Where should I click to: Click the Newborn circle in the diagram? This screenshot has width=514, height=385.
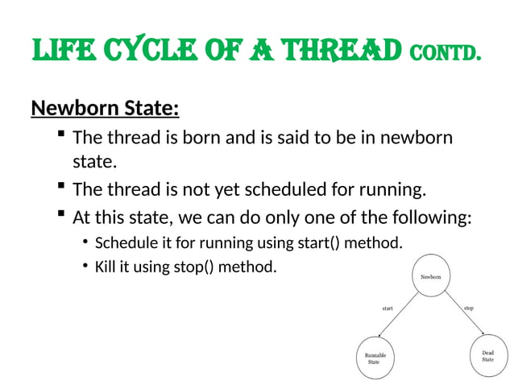tap(431, 276)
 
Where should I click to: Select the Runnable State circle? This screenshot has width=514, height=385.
tap(374, 358)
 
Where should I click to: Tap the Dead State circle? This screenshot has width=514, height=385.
tap(487, 355)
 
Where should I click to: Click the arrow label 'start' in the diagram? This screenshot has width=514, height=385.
tap(387, 308)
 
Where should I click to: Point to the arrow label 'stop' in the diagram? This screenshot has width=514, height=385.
tap(468, 308)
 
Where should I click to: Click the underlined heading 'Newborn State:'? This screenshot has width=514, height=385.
tap(105, 107)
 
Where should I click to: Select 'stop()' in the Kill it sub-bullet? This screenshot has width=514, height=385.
tap(193, 267)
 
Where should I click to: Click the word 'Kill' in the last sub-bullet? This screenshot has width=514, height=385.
tap(106, 267)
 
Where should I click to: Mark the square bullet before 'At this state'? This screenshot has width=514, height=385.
tap(61, 216)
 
